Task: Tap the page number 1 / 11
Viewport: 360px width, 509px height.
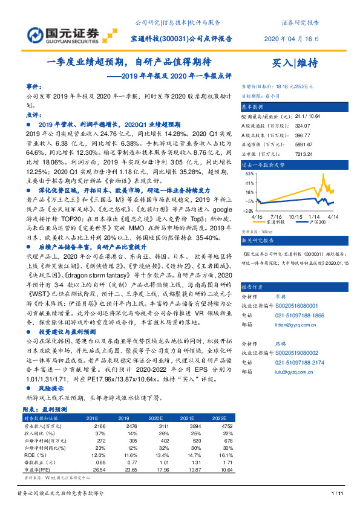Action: [x=338, y=494]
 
